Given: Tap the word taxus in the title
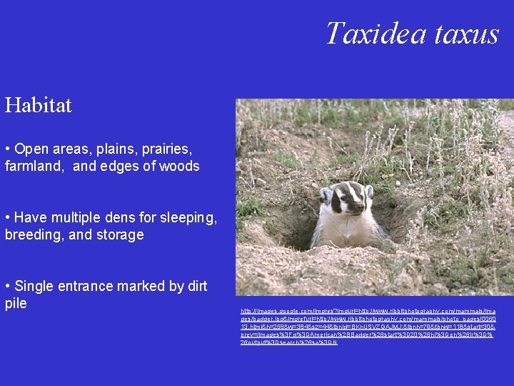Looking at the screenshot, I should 465,34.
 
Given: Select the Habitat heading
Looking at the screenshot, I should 39,106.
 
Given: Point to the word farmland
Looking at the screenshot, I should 35,167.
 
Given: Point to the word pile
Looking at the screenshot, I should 16,303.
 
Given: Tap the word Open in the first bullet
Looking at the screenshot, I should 30,149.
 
